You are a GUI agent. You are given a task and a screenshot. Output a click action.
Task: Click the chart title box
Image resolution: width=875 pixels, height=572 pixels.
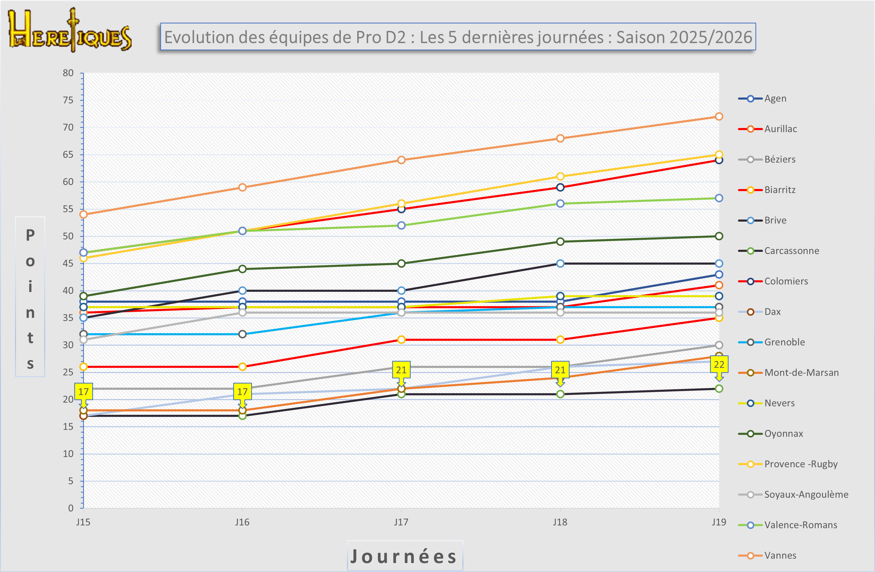458,37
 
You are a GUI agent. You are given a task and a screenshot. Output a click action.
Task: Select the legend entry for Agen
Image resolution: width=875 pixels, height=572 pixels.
775,99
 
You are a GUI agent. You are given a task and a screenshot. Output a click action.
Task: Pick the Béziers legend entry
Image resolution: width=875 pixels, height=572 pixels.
779,159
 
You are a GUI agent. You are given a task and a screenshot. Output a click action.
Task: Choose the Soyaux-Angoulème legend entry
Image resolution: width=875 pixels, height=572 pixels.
806,494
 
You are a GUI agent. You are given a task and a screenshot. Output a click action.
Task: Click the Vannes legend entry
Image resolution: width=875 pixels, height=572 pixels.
780,556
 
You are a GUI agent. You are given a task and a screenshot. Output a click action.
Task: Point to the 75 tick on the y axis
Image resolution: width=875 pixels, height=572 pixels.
68,100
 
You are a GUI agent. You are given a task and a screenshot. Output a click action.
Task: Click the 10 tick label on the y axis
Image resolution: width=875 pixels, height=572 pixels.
68,454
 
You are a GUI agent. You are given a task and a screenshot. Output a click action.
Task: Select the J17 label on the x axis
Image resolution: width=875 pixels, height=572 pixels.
401,522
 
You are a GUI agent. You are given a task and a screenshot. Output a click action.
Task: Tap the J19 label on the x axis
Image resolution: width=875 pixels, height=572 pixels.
719,522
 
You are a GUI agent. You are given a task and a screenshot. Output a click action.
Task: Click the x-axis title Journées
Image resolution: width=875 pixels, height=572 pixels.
404,556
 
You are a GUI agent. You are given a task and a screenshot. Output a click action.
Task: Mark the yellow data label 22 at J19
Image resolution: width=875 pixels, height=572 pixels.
719,364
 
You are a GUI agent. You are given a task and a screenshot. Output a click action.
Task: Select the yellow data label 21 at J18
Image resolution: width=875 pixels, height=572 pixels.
560,370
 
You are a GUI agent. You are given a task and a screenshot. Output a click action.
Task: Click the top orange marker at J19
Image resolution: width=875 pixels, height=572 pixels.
719,117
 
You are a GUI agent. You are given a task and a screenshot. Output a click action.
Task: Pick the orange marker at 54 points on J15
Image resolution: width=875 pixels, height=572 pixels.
83,215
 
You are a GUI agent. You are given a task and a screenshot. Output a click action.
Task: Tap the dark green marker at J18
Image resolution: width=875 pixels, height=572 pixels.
560,242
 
